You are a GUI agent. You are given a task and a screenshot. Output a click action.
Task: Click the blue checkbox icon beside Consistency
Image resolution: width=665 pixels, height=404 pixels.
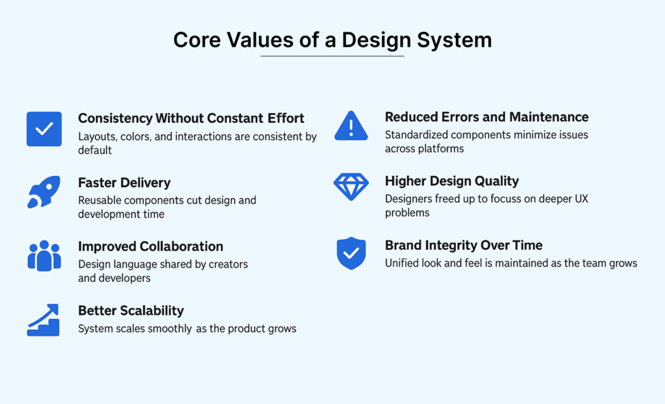click(x=44, y=129)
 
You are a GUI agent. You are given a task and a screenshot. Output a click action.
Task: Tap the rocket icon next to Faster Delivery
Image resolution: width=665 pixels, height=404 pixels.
click(x=44, y=192)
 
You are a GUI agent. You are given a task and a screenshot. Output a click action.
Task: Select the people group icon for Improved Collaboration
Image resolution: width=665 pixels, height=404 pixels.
click(x=44, y=255)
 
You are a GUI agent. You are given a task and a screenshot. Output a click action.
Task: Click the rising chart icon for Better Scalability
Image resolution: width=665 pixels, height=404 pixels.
click(x=44, y=320)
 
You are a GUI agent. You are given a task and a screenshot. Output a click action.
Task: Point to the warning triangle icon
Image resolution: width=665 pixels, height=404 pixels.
click(x=351, y=125)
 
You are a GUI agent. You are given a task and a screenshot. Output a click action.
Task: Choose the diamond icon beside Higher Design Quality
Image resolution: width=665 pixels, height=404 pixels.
click(x=351, y=187)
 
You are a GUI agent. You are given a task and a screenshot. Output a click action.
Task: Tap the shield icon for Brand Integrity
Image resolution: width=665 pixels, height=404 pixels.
click(x=351, y=253)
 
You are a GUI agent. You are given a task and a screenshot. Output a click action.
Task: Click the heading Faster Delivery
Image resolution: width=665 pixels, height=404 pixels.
click(x=124, y=183)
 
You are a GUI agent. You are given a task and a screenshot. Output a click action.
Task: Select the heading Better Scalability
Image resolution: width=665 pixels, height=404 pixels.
click(x=131, y=310)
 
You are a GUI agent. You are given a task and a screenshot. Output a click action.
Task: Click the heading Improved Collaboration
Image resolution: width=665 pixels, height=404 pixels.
click(x=150, y=247)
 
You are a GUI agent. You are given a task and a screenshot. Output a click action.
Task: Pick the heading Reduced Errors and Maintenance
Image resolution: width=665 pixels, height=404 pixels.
click(x=486, y=117)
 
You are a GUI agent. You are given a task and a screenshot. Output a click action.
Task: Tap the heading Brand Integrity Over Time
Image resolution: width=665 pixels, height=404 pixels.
click(x=463, y=246)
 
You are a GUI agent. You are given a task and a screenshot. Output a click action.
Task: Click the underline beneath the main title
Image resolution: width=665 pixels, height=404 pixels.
click(x=332, y=57)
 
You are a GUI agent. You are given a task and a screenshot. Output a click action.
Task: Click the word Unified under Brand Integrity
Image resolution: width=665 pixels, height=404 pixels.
click(x=403, y=263)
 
